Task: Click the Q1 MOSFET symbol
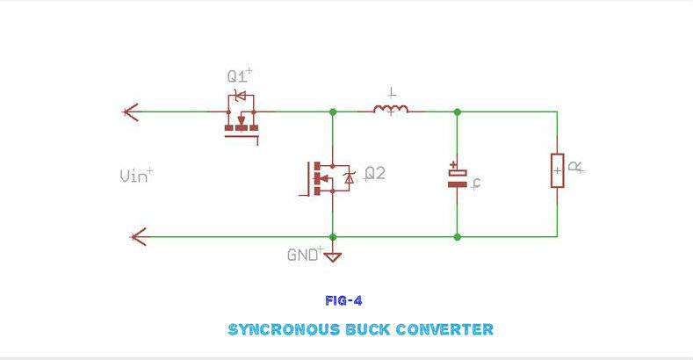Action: tap(242, 119)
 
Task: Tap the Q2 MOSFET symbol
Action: tap(329, 176)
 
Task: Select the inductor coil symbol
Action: tap(390, 110)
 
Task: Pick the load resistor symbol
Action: tap(557, 169)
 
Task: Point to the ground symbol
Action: tap(333, 256)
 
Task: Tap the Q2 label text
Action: tap(375, 174)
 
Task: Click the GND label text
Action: tap(302, 256)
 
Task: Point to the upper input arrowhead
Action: tap(131, 112)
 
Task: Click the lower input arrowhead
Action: tap(136, 236)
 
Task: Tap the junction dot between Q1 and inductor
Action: tap(333, 112)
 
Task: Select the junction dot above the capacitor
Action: tap(457, 112)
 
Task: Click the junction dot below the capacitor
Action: tap(457, 236)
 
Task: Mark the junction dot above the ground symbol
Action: tap(333, 236)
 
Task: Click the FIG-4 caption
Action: tap(343, 300)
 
